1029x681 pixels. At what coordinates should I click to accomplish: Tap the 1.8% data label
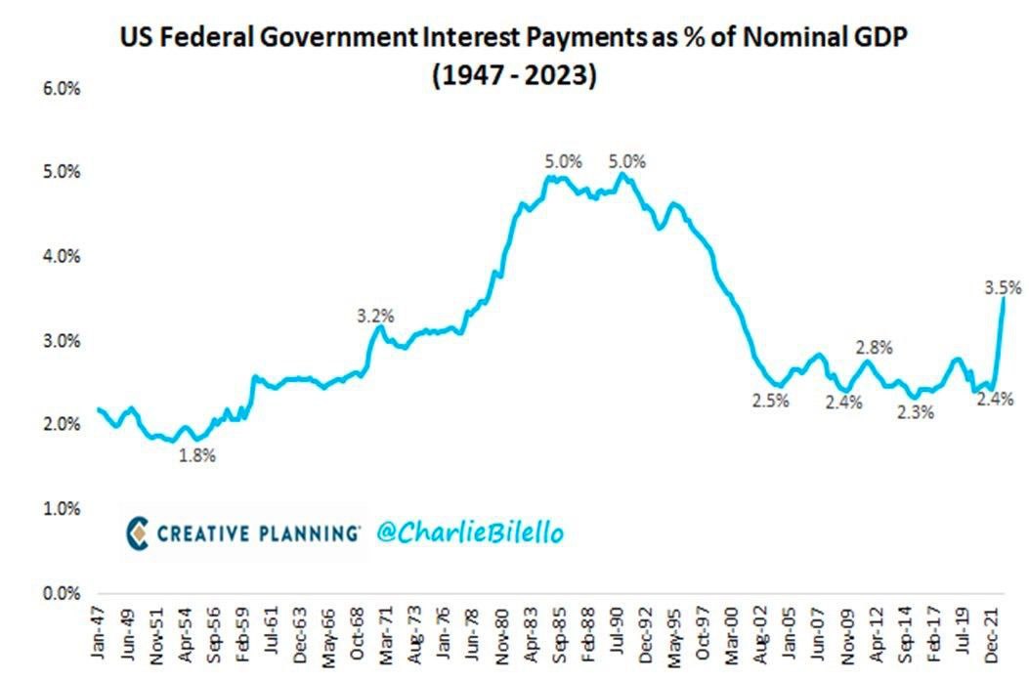point(196,455)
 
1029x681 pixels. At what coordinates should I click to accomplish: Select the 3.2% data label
point(375,316)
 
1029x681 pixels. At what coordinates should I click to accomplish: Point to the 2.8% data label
point(874,347)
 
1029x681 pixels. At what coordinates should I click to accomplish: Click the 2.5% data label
point(770,400)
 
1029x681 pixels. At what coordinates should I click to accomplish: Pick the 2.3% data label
point(917,411)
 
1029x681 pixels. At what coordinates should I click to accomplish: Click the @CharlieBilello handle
point(468,532)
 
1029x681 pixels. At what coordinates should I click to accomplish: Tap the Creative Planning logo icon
point(139,532)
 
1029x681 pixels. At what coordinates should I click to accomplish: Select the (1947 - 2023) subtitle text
point(513,76)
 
